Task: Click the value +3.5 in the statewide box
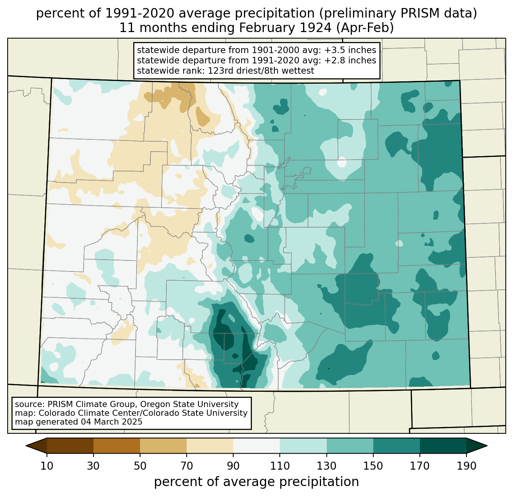(333, 50)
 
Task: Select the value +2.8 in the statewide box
(333, 60)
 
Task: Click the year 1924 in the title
(318, 28)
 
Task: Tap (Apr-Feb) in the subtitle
(365, 28)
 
